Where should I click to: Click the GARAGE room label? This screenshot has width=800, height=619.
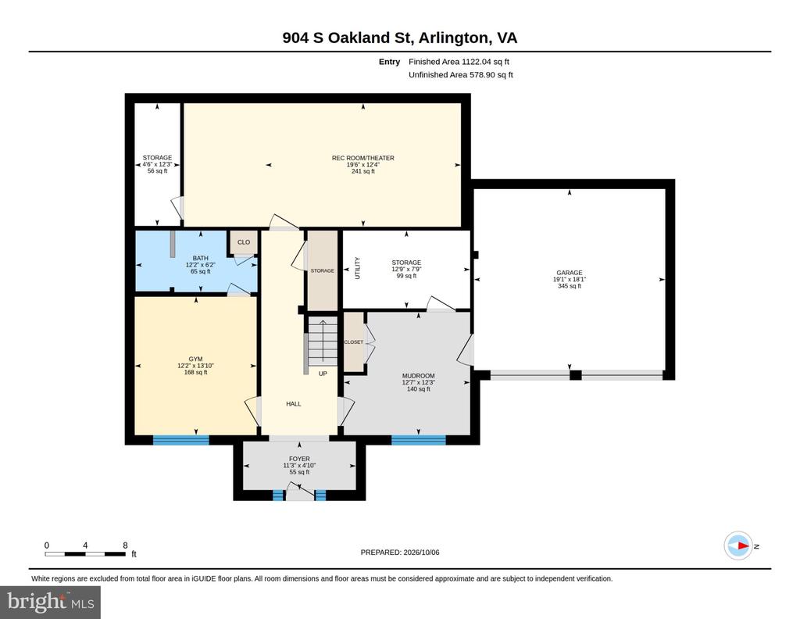point(570,273)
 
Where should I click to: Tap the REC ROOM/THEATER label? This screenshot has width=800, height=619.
point(363,158)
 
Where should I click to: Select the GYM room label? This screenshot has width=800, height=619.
point(195,360)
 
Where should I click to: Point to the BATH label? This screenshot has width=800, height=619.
point(201,258)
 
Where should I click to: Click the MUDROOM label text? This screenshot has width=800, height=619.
point(419,376)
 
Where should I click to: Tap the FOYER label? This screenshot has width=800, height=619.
point(299,459)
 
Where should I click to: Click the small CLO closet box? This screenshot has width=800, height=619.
point(244,242)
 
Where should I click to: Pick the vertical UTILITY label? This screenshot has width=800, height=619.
point(357,268)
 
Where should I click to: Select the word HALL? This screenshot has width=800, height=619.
point(294,404)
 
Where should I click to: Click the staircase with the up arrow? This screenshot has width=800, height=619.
point(323,341)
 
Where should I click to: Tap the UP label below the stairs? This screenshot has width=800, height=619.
point(323,374)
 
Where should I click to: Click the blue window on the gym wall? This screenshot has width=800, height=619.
point(181,440)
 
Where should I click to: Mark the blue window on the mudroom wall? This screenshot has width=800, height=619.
point(419,440)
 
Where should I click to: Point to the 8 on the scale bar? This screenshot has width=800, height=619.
point(126,545)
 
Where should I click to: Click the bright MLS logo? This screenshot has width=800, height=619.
point(51,602)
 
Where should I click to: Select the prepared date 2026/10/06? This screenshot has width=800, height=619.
point(421,553)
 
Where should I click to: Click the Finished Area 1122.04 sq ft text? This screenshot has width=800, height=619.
point(459,62)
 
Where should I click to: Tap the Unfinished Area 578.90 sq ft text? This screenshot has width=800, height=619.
point(461,75)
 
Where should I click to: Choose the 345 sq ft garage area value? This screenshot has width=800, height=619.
point(570,286)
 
